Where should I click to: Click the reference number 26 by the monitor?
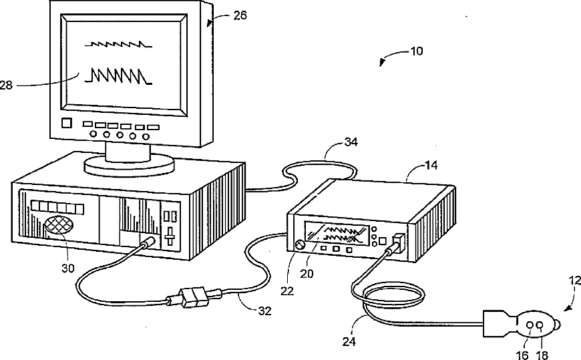[240, 15]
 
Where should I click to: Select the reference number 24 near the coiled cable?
[350, 341]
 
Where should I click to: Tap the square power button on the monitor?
[66, 124]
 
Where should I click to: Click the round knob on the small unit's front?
[299, 245]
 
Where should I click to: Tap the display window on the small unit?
[337, 235]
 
